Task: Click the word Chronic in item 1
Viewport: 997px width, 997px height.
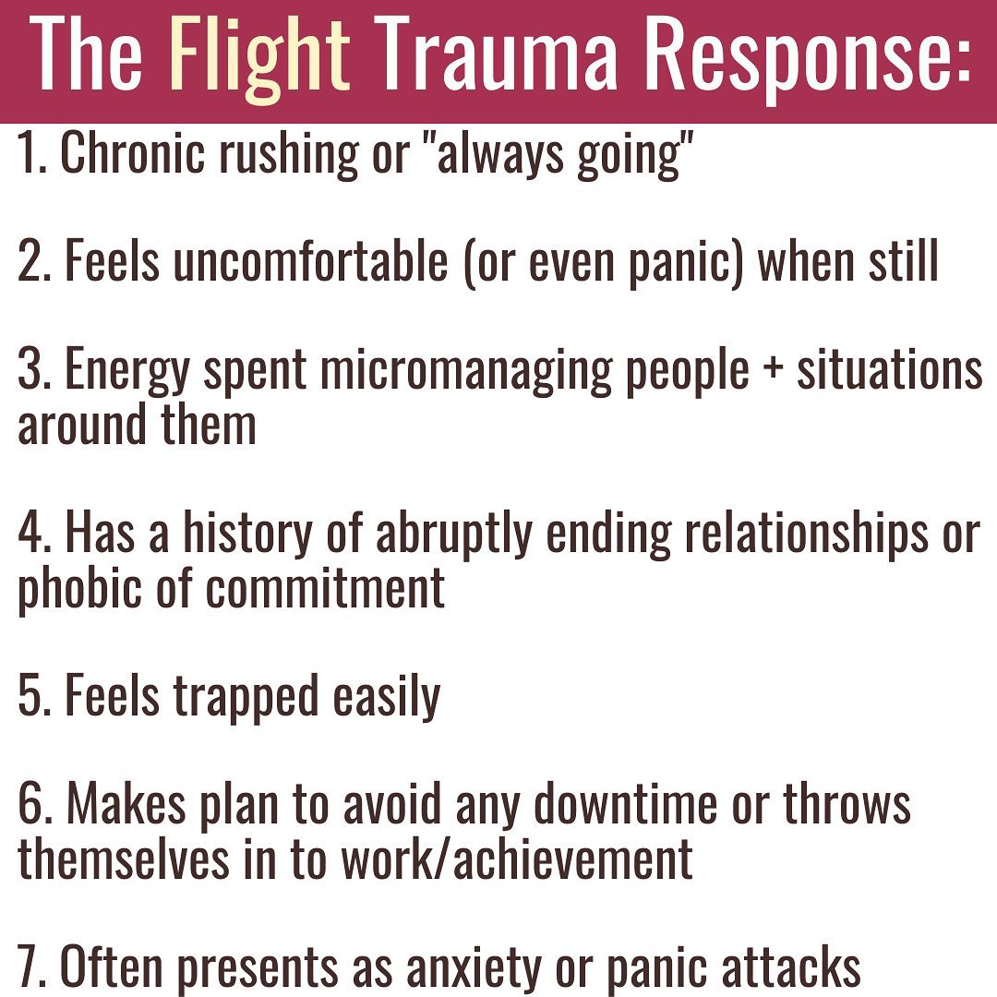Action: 132,152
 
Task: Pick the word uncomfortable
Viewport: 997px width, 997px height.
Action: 310,260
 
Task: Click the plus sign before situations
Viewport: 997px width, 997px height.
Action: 773,370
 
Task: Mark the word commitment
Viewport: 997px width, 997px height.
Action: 325,589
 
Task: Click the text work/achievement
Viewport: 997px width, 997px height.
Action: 517,859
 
